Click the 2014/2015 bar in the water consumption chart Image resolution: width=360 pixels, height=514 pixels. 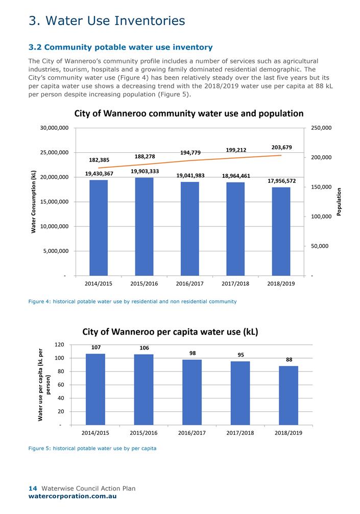click(x=99, y=227)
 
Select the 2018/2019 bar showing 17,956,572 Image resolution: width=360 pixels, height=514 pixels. click(x=281, y=231)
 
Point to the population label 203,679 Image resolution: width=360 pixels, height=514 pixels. click(x=282, y=147)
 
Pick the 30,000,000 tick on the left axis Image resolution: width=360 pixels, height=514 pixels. click(x=54, y=128)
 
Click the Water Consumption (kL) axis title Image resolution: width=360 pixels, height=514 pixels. click(x=34, y=202)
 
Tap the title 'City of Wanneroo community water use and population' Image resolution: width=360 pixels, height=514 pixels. click(x=189, y=113)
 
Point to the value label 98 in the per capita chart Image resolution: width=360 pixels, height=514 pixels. click(x=192, y=353)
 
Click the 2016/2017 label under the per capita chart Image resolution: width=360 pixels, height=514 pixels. click(x=192, y=433)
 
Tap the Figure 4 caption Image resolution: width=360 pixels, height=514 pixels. click(x=132, y=301)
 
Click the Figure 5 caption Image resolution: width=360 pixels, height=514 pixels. click(x=92, y=448)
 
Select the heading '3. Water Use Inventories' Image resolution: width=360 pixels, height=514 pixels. click(x=107, y=20)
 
